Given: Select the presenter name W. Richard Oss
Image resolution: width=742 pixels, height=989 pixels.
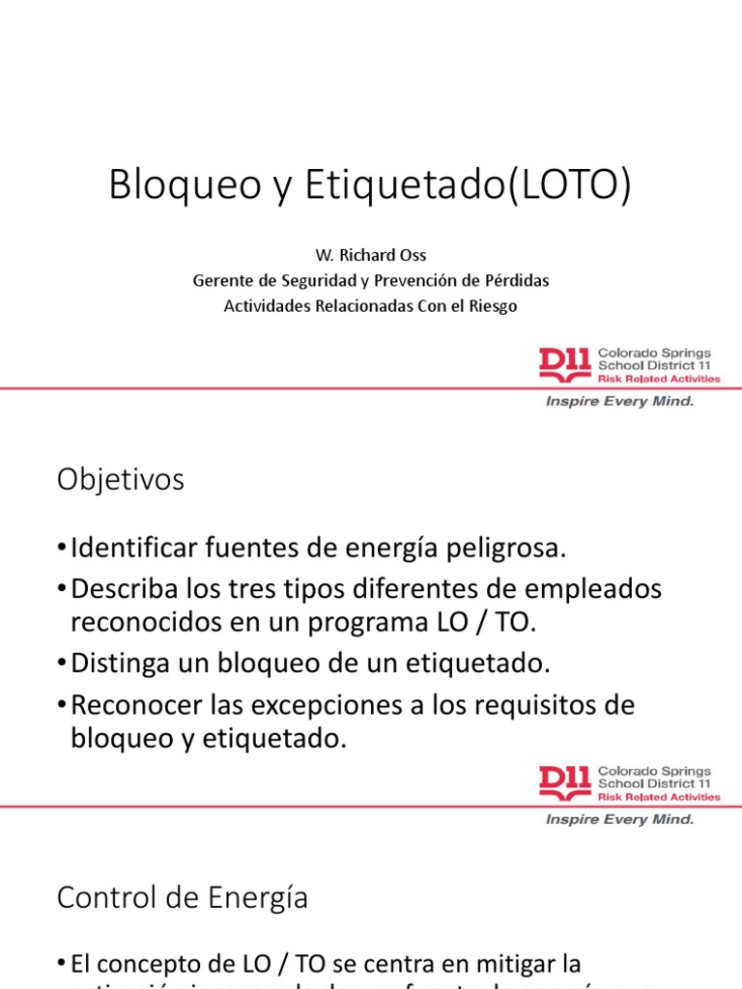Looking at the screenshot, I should pos(370,256).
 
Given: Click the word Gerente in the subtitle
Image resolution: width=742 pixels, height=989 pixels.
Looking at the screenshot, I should pos(220,281).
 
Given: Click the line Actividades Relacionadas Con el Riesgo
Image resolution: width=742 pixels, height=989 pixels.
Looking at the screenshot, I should pos(370,306).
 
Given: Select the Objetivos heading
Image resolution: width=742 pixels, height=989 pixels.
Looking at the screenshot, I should pos(120,480).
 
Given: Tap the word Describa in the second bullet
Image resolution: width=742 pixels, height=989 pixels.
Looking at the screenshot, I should pos(128,589).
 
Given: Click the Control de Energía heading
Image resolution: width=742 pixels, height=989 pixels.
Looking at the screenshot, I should pos(183,898).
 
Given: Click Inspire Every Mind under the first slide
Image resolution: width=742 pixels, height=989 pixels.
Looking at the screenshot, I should pos(620,402).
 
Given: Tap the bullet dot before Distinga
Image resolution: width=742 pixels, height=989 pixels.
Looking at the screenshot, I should pos(62,665).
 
